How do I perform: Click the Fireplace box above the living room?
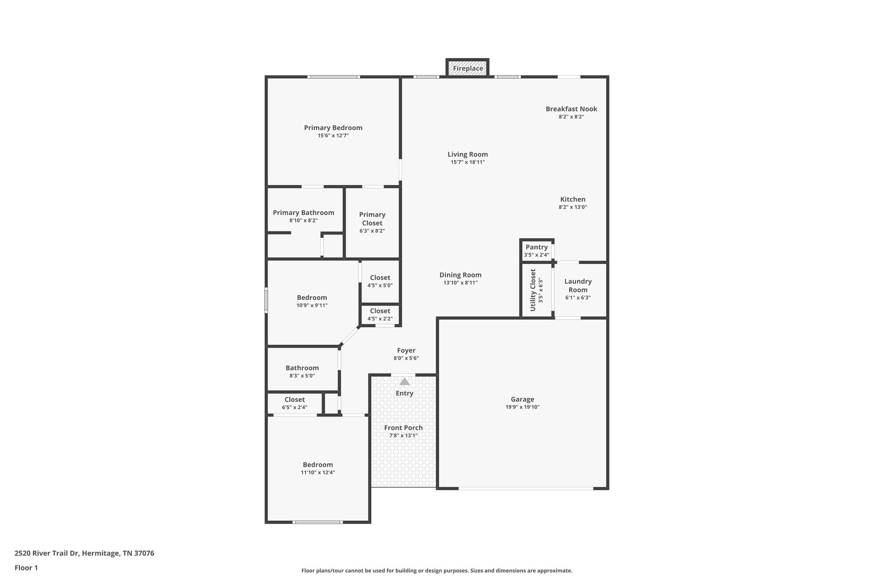pos(467,68)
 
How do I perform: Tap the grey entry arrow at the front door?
pos(404,381)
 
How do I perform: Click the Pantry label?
pos(536,247)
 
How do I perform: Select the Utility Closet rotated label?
pos(533,290)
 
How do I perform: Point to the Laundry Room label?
pos(578,285)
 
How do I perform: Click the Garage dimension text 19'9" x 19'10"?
pos(522,407)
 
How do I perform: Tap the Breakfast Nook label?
pos(571,109)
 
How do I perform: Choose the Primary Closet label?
pos(372,219)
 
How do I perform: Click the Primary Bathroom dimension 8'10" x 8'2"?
pos(303,220)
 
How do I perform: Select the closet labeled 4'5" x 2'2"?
pos(380,315)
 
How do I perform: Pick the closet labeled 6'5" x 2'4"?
pos(294,403)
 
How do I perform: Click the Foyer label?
pos(406,350)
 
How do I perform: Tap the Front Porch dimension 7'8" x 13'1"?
pos(403,436)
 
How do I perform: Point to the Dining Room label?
pos(460,275)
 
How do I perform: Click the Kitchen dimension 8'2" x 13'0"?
pos(573,207)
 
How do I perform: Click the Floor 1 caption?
pos(26,568)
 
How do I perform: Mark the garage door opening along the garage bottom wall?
pos(526,489)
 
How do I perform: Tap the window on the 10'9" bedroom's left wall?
pos(266,300)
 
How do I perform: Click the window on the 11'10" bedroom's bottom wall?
pos(318,522)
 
